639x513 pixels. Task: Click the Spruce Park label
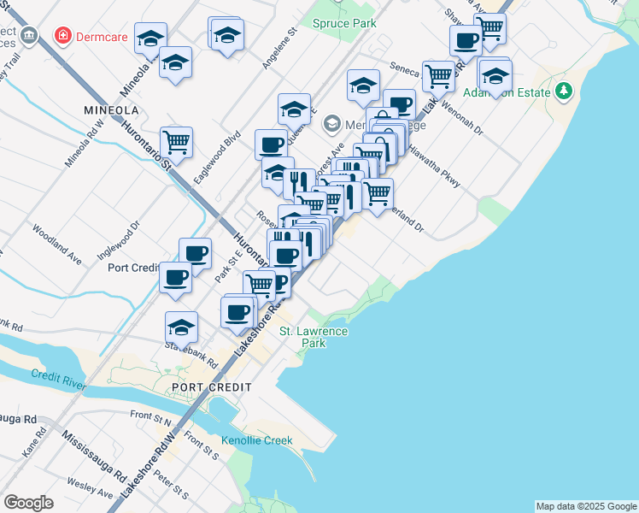(x=344, y=23)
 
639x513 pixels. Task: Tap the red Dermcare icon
(x=62, y=35)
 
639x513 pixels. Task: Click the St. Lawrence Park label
(x=314, y=337)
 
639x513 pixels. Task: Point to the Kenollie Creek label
(x=256, y=440)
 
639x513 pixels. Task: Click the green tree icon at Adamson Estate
(x=563, y=91)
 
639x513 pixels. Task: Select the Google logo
(x=28, y=502)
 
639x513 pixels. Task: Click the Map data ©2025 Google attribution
(x=586, y=506)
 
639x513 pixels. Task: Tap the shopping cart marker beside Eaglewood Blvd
(x=176, y=141)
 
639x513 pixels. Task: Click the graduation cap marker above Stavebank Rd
(x=181, y=327)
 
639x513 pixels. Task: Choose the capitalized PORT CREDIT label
(x=211, y=387)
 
